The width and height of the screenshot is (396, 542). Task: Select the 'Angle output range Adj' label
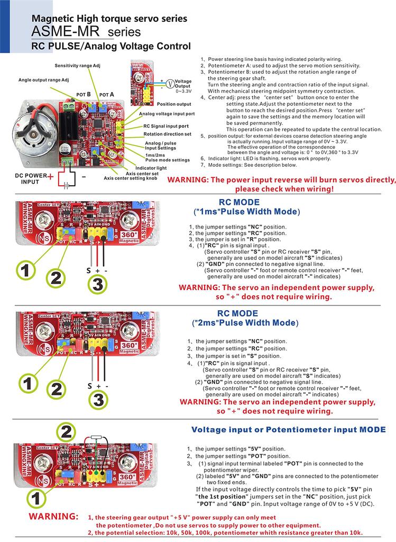[x=43, y=80]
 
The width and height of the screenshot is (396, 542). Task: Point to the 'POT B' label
[x=84, y=94]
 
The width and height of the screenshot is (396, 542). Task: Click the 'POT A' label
[x=107, y=94]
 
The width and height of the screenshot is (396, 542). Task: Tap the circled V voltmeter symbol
[x=170, y=83]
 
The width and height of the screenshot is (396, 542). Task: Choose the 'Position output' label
[x=174, y=104]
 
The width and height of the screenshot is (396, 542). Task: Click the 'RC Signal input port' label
[x=166, y=127]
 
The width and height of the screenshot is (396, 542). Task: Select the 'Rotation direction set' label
[x=167, y=134]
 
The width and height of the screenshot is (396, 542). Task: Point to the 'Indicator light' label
[x=151, y=168]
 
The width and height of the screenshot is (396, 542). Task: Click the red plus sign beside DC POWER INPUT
[x=50, y=177]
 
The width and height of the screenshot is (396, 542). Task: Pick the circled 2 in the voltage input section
[x=66, y=431]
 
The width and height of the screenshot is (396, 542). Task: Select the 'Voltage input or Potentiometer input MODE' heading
[x=288, y=429]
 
